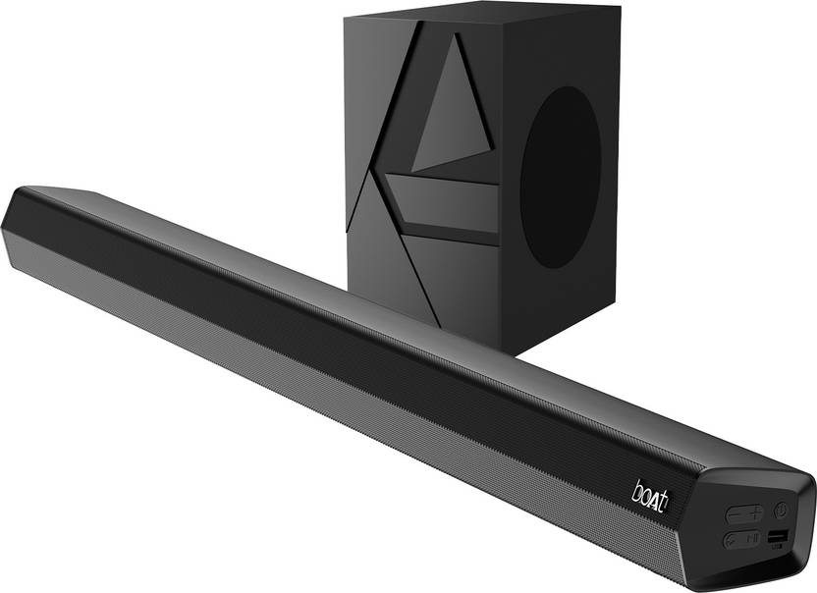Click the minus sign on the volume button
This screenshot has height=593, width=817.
(x=735, y=513)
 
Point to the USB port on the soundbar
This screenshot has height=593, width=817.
(x=778, y=536)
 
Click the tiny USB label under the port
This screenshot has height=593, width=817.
(x=777, y=545)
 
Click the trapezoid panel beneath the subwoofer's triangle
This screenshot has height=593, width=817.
(x=442, y=201)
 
